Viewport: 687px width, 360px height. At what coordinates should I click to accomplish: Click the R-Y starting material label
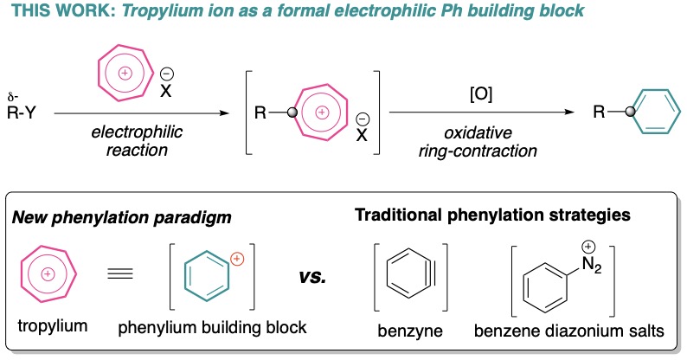pos(32,112)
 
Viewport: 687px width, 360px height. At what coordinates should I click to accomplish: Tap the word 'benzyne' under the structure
pos(404,333)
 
